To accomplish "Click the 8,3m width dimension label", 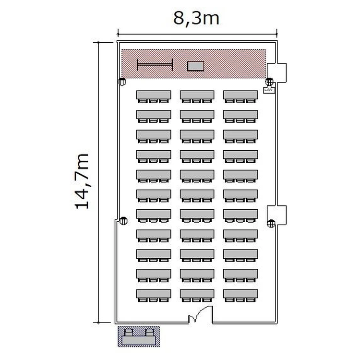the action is (x=196, y=19).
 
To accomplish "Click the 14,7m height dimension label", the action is (x=82, y=181).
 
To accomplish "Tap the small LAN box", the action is (x=268, y=90).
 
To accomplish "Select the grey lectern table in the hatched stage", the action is (x=195, y=66).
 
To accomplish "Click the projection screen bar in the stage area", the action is (x=155, y=65).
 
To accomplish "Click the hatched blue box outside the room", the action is (x=139, y=336).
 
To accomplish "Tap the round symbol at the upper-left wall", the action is (x=122, y=82).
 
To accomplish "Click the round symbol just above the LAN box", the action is (x=269, y=81).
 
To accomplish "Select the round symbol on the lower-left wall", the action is (x=123, y=221).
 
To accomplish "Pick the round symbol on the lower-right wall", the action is (x=271, y=223).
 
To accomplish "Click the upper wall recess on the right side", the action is (x=276, y=72).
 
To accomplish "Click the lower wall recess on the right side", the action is (x=276, y=215).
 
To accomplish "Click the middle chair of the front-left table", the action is (x=153, y=101).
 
